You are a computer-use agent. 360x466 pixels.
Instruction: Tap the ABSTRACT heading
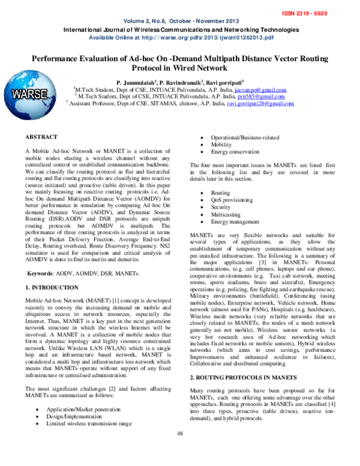(x=42, y=137)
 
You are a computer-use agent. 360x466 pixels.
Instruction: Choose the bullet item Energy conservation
(x=235, y=153)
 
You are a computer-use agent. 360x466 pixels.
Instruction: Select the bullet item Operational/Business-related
(x=244, y=137)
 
